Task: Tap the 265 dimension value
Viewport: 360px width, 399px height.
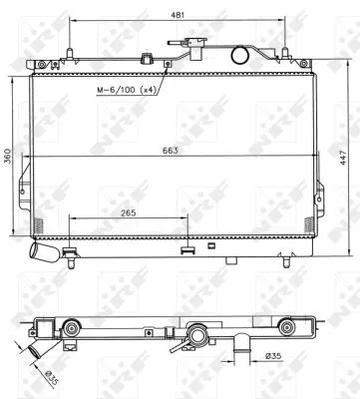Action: point(129,210)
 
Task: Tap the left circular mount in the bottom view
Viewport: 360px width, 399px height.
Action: point(73,329)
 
